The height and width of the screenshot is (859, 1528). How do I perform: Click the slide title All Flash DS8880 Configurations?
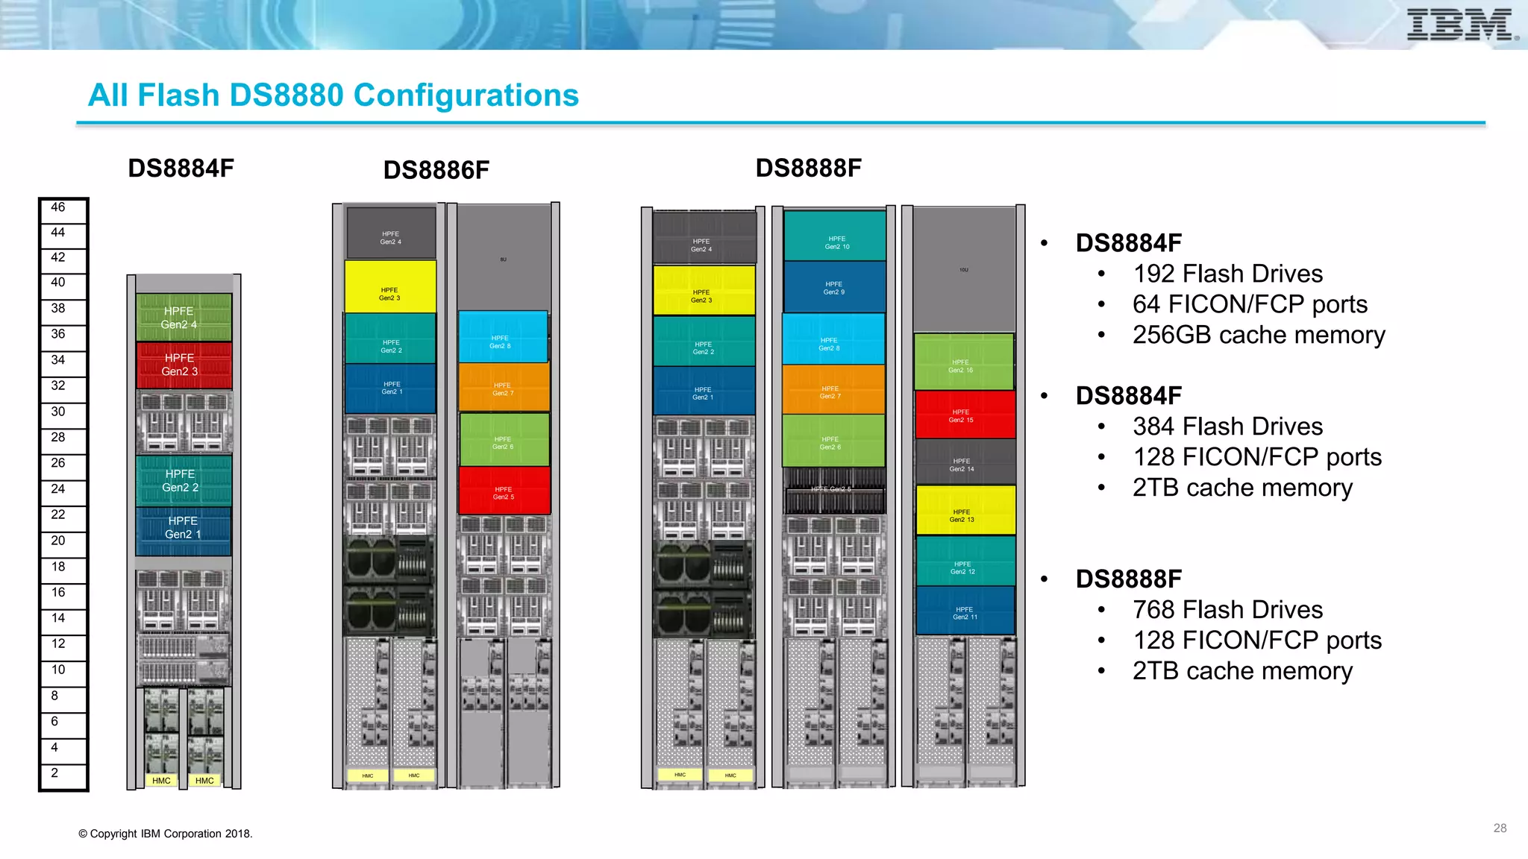point(333,95)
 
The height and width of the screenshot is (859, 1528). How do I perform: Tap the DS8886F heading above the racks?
point(436,170)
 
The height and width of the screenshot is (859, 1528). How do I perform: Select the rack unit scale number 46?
point(58,207)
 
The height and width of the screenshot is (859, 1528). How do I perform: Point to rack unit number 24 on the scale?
point(58,489)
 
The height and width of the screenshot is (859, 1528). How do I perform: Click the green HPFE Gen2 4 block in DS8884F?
point(184,318)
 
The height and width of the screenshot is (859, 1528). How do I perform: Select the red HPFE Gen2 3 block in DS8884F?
point(184,365)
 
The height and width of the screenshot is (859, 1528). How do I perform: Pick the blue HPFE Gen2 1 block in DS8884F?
point(184,528)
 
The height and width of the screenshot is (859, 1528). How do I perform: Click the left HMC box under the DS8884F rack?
point(161,781)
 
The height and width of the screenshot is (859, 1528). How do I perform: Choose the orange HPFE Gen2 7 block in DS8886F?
point(504,388)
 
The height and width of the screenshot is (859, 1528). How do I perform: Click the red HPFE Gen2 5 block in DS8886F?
point(504,491)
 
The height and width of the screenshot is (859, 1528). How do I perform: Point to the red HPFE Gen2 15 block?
point(964,415)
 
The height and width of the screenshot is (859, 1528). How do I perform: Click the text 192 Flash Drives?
point(1227,274)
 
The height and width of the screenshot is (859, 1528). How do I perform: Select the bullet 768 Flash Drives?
point(1227,610)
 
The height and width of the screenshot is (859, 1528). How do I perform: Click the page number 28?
point(1500,828)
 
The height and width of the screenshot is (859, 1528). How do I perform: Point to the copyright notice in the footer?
point(166,834)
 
